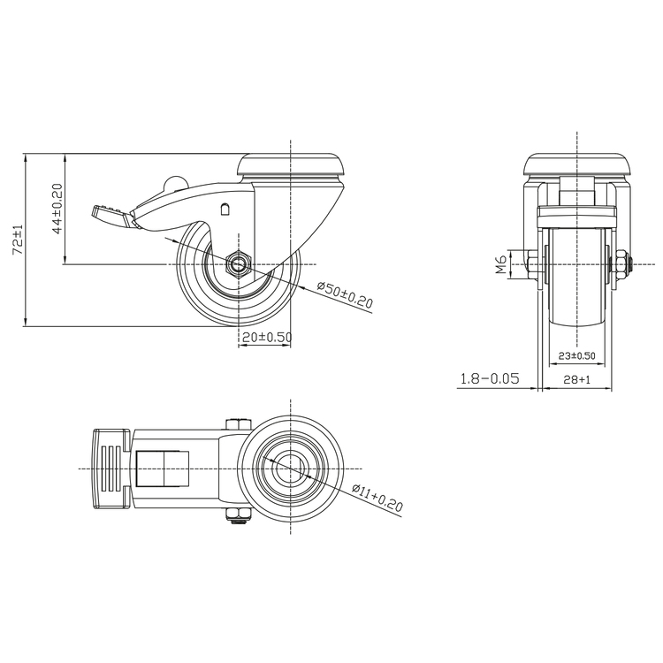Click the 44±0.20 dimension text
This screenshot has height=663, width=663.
(56, 209)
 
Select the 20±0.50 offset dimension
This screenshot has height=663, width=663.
(265, 338)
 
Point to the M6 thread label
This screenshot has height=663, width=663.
(500, 263)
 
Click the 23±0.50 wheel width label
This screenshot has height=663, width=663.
(576, 355)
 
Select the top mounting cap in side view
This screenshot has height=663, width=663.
(291, 165)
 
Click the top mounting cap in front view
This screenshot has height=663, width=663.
(576, 165)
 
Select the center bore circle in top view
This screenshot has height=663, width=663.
(291, 468)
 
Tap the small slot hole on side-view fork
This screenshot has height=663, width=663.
(225, 210)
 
